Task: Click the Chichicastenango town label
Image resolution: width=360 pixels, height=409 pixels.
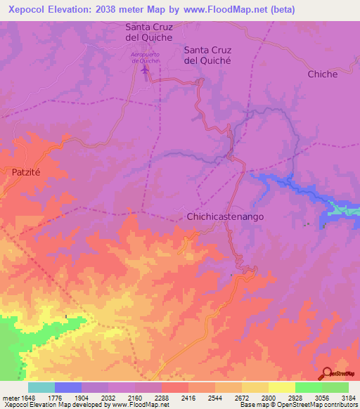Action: (x=225, y=217)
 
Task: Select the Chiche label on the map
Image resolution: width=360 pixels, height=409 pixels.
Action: (x=322, y=74)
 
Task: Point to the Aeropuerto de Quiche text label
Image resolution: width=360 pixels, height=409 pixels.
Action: (x=146, y=58)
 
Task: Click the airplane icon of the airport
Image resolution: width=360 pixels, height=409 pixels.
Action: (x=146, y=70)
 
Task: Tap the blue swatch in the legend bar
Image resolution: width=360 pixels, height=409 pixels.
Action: (x=68, y=387)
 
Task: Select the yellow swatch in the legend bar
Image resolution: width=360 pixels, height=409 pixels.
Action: (x=281, y=387)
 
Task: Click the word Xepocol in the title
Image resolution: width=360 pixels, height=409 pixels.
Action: (x=28, y=8)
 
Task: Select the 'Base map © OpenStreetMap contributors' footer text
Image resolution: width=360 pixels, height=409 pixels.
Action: (x=298, y=405)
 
